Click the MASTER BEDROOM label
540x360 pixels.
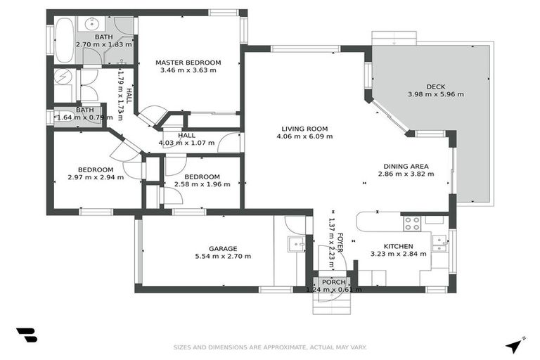tap(188, 62)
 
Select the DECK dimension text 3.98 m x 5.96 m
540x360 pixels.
tap(435, 94)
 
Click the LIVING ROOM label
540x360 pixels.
tap(304, 128)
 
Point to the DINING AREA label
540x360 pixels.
tap(403, 166)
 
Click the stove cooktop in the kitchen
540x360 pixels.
tap(411, 224)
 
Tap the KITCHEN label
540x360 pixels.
tap(397, 245)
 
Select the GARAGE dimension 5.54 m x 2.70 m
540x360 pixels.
tap(222, 257)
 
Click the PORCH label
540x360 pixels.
tap(334, 281)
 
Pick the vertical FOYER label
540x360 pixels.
tap(340, 243)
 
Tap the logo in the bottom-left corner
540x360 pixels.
tap(26, 335)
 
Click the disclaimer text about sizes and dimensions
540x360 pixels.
tap(270, 347)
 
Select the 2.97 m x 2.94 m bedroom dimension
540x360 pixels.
tap(96, 177)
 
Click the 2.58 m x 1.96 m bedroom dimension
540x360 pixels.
tap(202, 185)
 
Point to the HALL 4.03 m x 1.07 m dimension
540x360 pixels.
tap(187, 143)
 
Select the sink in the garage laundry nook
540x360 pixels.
tap(296, 244)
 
